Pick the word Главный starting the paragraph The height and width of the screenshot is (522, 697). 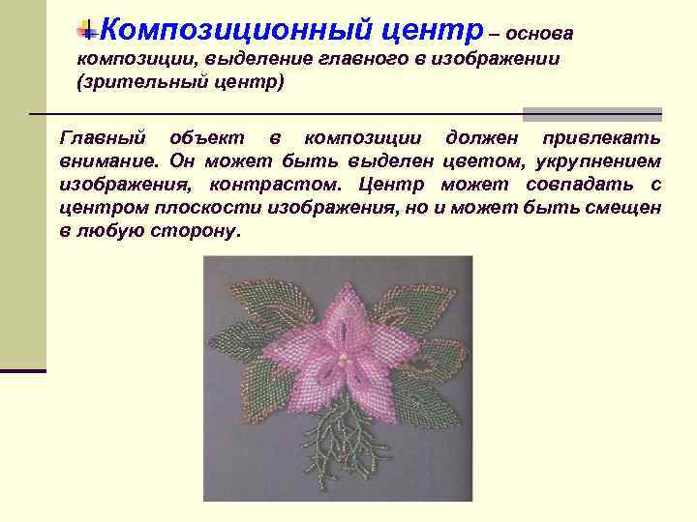[102, 136]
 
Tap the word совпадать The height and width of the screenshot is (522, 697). [566, 185]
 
